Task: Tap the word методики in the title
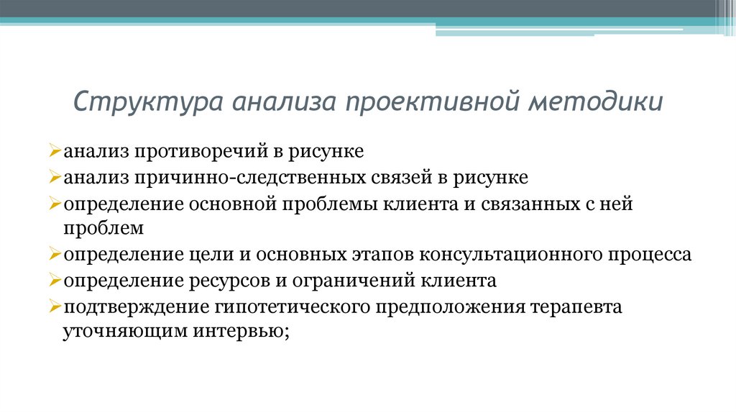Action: pos(597,101)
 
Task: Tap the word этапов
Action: pos(381,255)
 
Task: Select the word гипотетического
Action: pos(291,307)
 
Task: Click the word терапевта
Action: pos(576,307)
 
